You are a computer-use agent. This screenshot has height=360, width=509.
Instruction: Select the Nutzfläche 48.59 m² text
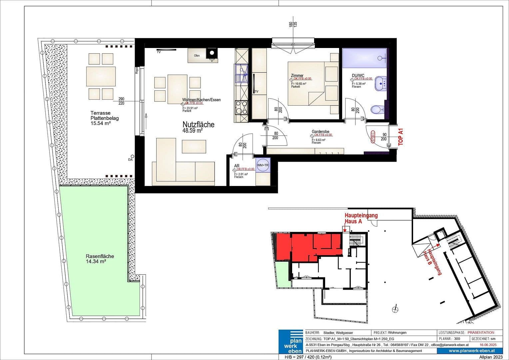[198, 127]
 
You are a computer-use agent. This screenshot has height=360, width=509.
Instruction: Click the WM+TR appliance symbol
[262, 165]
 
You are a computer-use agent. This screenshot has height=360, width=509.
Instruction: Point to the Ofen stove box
[197, 56]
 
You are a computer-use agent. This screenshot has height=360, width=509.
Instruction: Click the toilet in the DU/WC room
[377, 109]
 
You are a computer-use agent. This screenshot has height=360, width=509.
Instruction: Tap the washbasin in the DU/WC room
[380, 83]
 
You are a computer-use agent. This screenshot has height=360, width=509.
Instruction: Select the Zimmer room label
[297, 76]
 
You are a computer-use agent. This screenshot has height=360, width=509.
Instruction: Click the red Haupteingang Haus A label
[361, 218]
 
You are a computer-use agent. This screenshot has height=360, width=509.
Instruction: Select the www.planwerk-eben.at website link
[471, 351]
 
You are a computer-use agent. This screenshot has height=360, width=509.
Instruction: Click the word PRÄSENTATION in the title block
[481, 332]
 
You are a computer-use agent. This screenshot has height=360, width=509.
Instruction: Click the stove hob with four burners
[241, 108]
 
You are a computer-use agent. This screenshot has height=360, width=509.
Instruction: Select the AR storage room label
[237, 166]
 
